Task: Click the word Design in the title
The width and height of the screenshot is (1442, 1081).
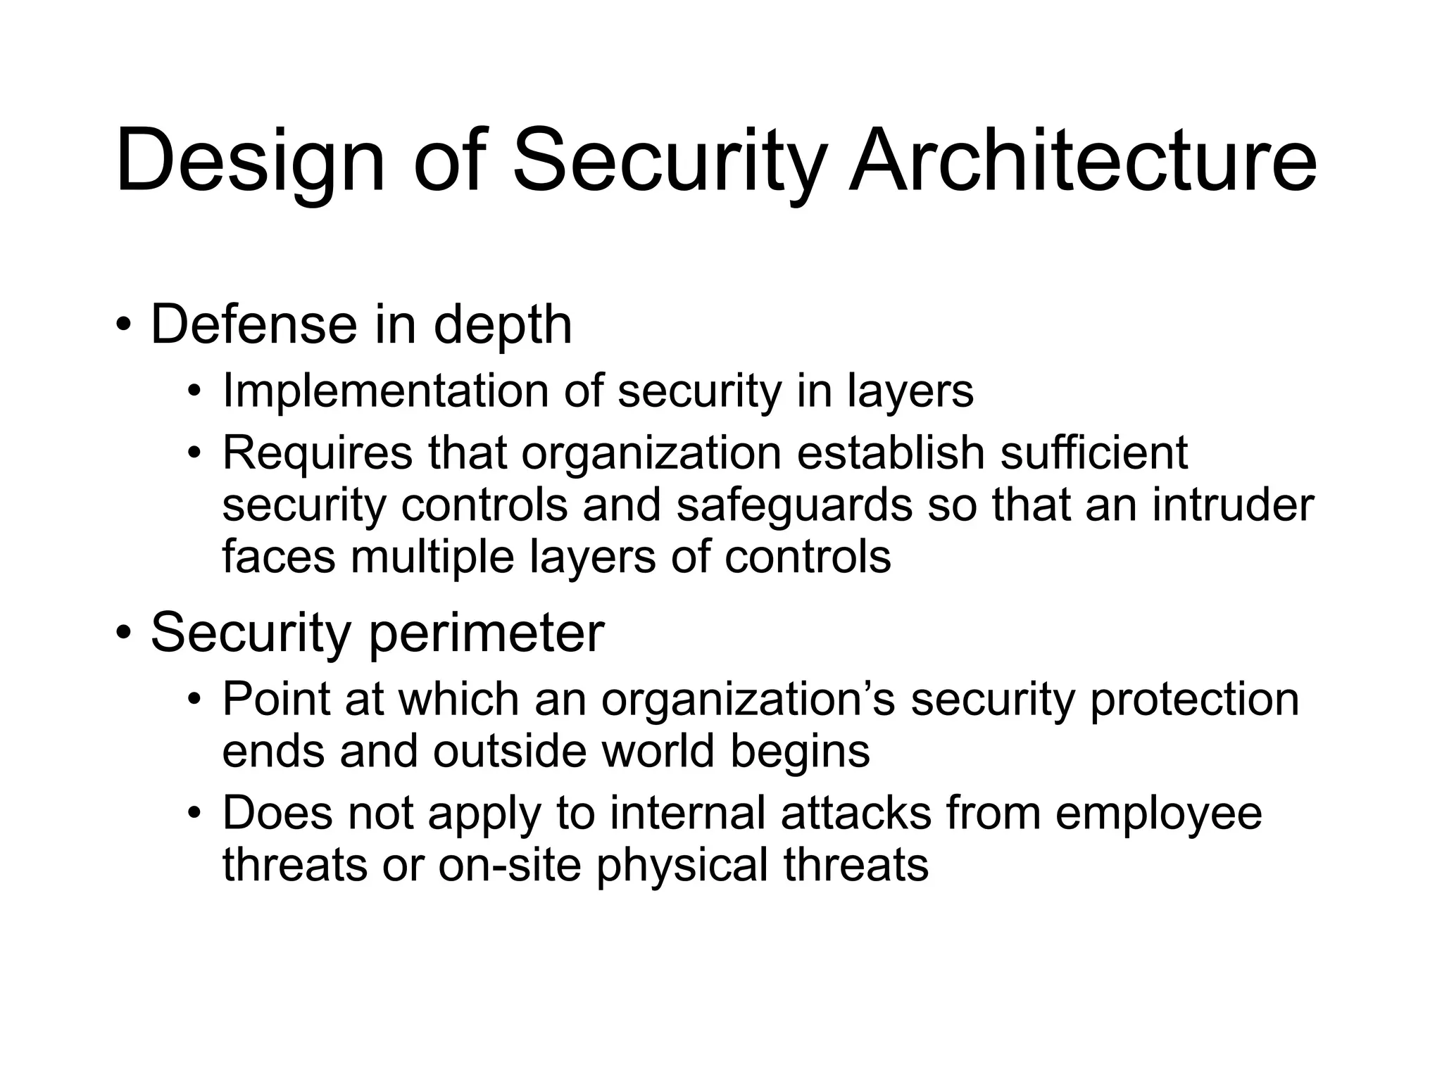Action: pyautogui.click(x=251, y=162)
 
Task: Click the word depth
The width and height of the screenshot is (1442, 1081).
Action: pyautogui.click(x=503, y=326)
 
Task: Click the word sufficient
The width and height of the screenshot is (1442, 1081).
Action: pyautogui.click(x=1094, y=453)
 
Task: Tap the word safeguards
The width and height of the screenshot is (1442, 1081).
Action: pyautogui.click(x=794, y=506)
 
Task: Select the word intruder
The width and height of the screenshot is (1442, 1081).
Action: pyautogui.click(x=1233, y=505)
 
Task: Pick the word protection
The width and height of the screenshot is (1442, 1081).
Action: pyautogui.click(x=1194, y=700)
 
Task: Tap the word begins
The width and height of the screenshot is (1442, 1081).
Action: pyautogui.click(x=800, y=752)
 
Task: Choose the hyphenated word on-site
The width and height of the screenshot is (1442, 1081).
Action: pyautogui.click(x=510, y=865)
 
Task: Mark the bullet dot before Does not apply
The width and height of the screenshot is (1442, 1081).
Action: pyautogui.click(x=195, y=814)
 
